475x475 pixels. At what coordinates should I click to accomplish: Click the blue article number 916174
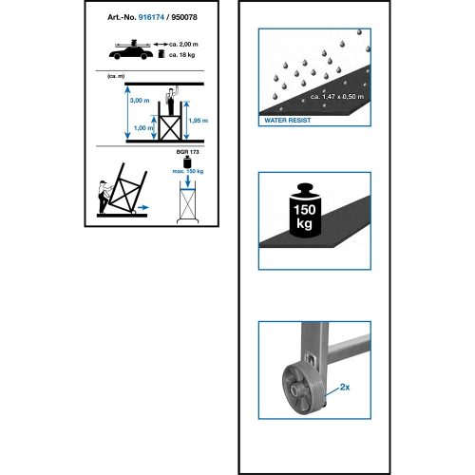pos(151,17)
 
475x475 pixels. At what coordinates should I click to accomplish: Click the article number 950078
pos(184,17)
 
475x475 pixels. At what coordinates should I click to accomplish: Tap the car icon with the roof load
pos(131,49)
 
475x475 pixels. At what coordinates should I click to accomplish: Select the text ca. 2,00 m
pos(183,45)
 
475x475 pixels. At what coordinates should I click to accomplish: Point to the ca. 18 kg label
pos(181,55)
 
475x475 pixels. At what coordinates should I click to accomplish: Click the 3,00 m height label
pos(140,101)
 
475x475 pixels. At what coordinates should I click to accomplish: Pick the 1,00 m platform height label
pos(143,128)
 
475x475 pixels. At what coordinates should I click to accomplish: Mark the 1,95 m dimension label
pos(199,121)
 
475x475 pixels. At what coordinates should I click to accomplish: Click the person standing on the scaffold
pos(172,101)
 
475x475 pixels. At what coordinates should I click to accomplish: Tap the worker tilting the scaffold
pos(104,197)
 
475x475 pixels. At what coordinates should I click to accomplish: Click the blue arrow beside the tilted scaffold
pos(143,207)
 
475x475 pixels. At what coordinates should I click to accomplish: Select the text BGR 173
pos(187,152)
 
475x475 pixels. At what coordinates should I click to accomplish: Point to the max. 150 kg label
pos(188,171)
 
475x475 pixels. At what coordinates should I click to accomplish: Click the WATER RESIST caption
pos(288,121)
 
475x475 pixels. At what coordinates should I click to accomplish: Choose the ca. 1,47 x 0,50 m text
pos(337,97)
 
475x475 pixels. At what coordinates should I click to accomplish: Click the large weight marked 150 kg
pos(305,210)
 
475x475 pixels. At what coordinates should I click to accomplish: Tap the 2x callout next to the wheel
pos(345,387)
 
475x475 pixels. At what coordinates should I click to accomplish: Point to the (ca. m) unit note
pos(116,76)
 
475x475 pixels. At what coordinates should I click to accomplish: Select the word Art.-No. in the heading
pos(122,17)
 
